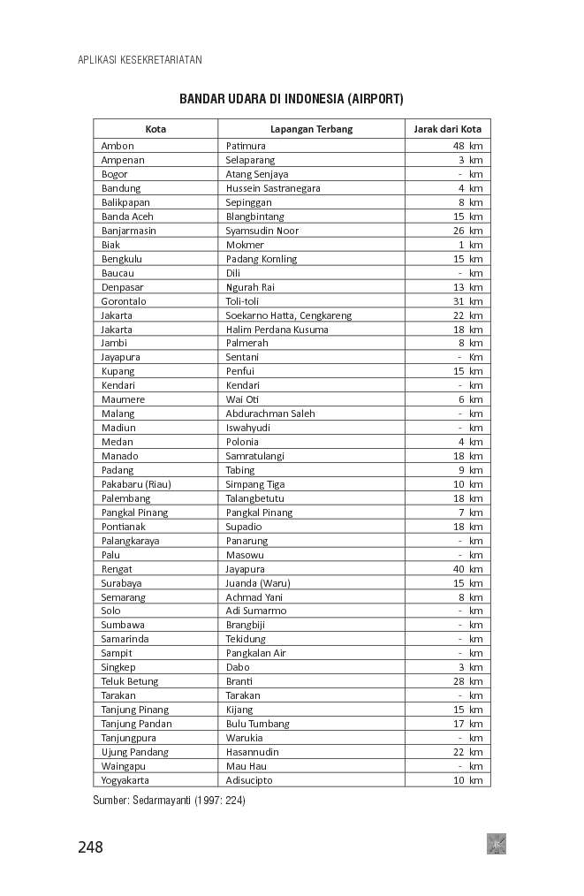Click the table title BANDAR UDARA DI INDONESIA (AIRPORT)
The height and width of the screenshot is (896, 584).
(291, 98)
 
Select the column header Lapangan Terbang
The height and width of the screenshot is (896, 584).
(311, 129)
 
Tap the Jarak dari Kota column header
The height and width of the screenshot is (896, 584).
(448, 129)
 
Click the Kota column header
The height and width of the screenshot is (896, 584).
(155, 129)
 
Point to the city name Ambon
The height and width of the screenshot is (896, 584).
(118, 146)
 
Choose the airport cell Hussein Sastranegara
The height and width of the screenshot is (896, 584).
(273, 188)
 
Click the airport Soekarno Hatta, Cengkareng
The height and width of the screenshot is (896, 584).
(289, 315)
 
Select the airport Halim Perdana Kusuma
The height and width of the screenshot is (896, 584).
(277, 330)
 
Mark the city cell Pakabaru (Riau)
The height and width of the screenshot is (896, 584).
(136, 484)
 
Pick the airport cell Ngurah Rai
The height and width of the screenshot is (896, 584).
(250, 287)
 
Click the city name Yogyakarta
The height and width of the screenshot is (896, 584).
(125, 780)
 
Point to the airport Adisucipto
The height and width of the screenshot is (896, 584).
(249, 780)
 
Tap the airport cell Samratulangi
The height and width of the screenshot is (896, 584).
(258, 456)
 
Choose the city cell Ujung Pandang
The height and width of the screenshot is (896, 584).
(134, 752)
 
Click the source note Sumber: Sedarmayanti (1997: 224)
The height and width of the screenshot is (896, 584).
(169, 801)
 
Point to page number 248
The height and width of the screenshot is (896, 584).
(90, 847)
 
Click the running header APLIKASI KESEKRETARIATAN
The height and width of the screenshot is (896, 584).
(140, 60)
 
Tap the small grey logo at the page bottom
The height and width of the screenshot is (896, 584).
(496, 844)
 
